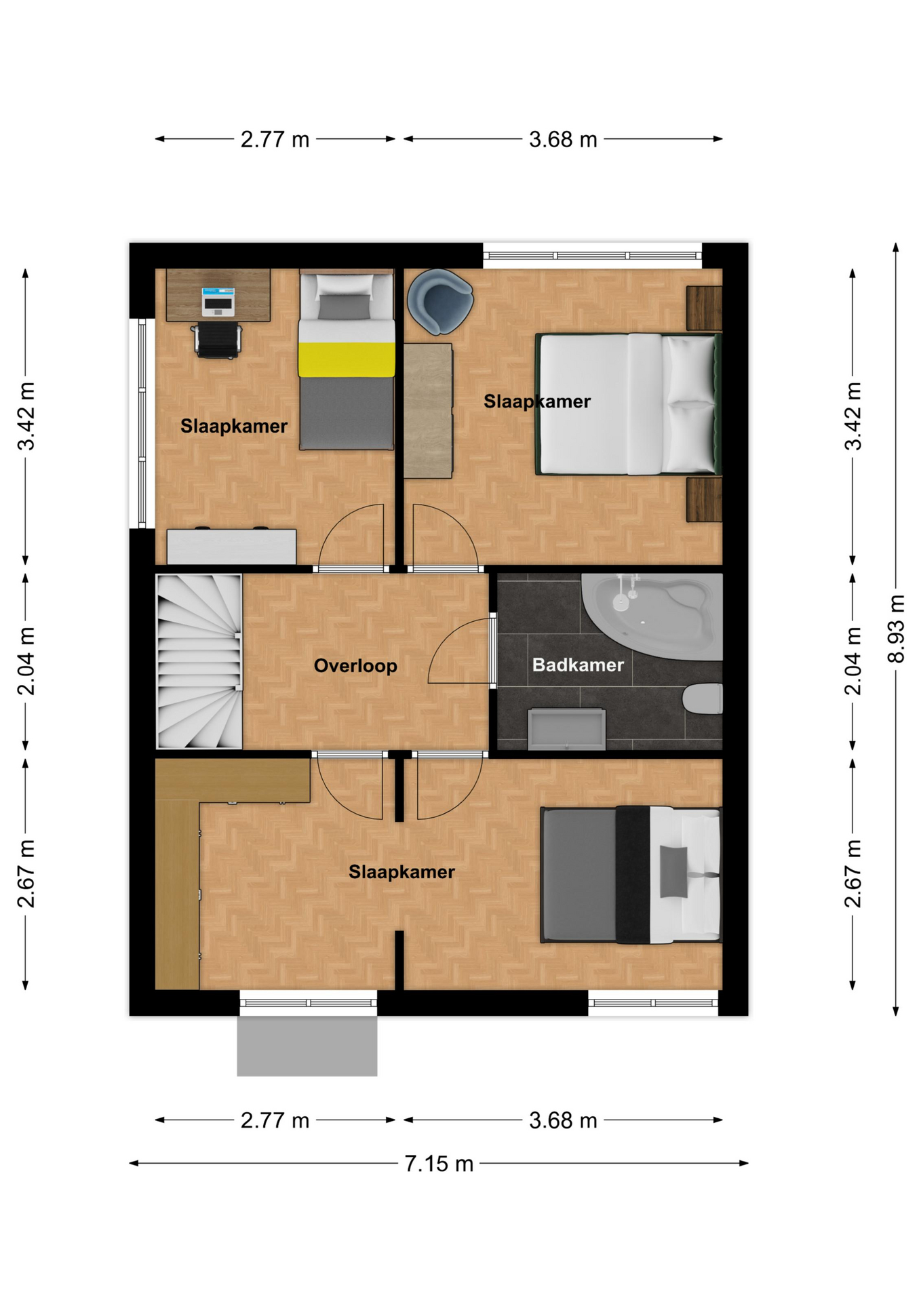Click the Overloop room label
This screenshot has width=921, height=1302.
tap(355, 666)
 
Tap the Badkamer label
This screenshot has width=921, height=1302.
tap(578, 665)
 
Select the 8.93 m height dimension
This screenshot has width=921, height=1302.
tap(896, 629)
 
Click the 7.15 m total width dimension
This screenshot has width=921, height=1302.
tap(439, 1163)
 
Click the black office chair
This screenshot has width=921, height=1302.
tap(218, 339)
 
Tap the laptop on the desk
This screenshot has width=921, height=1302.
tap(218, 302)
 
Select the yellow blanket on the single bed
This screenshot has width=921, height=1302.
tap(347, 359)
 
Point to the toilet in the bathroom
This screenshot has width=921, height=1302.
tap(703, 698)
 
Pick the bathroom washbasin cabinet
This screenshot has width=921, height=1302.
tap(566, 729)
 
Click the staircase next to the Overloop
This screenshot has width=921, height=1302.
tap(199, 661)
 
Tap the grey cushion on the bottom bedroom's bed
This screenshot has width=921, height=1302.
tap(673, 871)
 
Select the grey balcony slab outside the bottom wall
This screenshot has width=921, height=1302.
tap(307, 1046)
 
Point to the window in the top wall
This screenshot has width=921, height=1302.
tap(592, 256)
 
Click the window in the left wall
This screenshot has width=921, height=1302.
tap(142, 423)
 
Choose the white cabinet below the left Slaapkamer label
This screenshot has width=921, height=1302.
tap(231, 546)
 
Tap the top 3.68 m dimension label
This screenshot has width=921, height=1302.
tap(563, 140)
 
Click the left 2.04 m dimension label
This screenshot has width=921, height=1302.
tap(26, 661)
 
